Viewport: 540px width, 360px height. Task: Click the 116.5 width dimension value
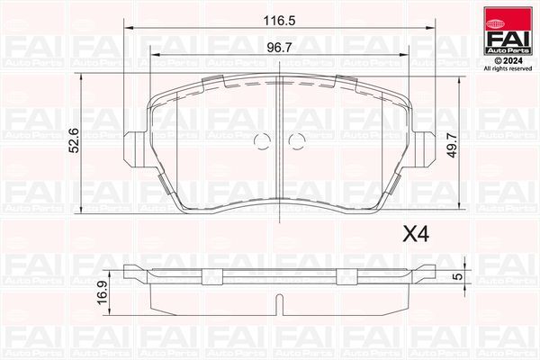pyautogui.click(x=286, y=19)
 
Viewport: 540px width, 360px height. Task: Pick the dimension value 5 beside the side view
pyautogui.click(x=457, y=276)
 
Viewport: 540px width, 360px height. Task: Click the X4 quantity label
pyautogui.click(x=413, y=235)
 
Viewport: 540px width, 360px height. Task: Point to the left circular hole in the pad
pyautogui.click(x=263, y=141)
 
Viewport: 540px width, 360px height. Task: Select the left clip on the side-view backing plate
pyautogui.click(x=213, y=274)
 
